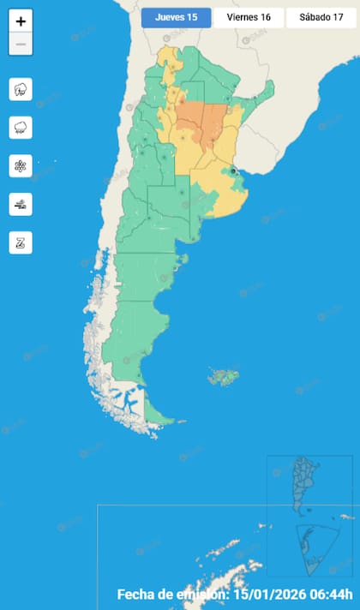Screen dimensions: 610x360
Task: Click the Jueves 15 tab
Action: (177, 18)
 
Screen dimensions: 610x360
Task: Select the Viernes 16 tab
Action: (249, 18)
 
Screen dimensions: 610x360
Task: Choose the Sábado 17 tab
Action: (321, 18)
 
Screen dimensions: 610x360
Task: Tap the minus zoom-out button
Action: (21, 44)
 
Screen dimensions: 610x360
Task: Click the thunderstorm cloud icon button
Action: (21, 88)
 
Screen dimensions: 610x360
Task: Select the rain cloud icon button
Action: (21, 127)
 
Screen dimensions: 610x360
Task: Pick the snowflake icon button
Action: (21, 165)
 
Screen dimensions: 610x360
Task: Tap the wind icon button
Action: (21, 204)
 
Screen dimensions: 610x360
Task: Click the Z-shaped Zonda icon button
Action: (21, 242)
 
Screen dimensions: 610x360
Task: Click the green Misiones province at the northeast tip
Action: (268, 89)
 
